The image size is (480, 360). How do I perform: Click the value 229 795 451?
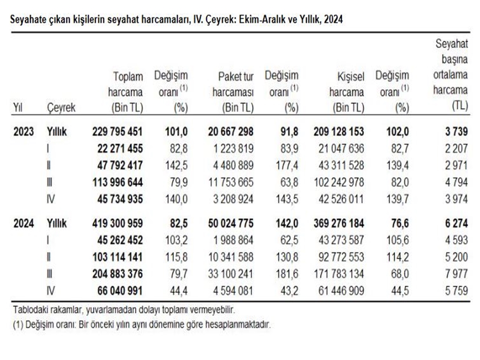pyautogui.click(x=117, y=131)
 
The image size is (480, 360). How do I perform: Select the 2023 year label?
pyautogui.click(x=23, y=131)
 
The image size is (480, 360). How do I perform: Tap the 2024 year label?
pyautogui.click(x=23, y=223)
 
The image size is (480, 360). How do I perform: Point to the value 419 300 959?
pyautogui.click(x=117, y=223)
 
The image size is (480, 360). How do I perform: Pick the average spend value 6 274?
pyautogui.click(x=456, y=223)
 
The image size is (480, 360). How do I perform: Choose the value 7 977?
pyautogui.click(x=456, y=274)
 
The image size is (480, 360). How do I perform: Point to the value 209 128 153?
pyautogui.click(x=338, y=131)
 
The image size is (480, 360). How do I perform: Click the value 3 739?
pyautogui.click(x=456, y=131)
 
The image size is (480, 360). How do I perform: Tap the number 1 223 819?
pyautogui.click(x=233, y=149)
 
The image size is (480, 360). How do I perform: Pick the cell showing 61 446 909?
pyautogui.click(x=341, y=291)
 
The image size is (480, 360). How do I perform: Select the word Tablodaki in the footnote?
pyautogui.click(x=30, y=310)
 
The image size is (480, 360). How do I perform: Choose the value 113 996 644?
pyautogui.click(x=117, y=182)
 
